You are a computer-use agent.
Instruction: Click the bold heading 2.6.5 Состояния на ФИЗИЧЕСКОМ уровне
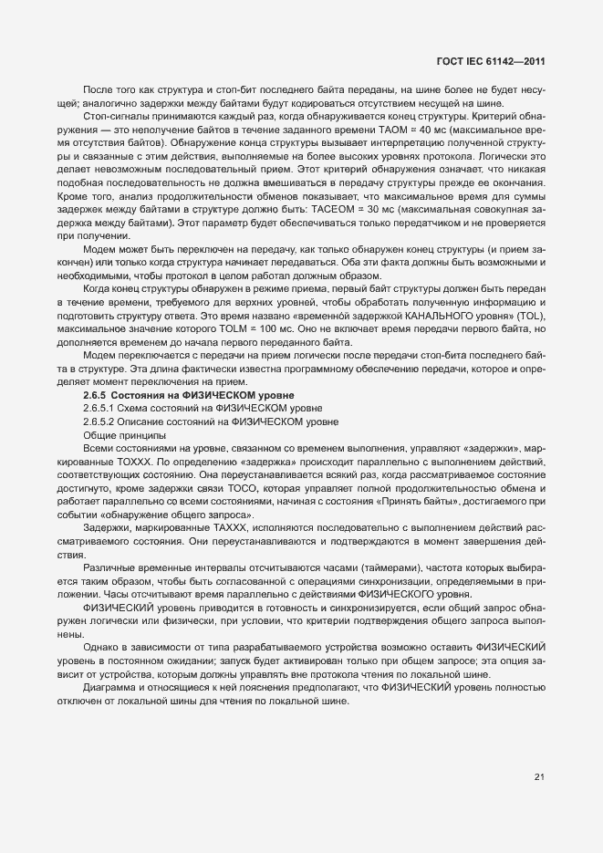coord(189,394)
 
